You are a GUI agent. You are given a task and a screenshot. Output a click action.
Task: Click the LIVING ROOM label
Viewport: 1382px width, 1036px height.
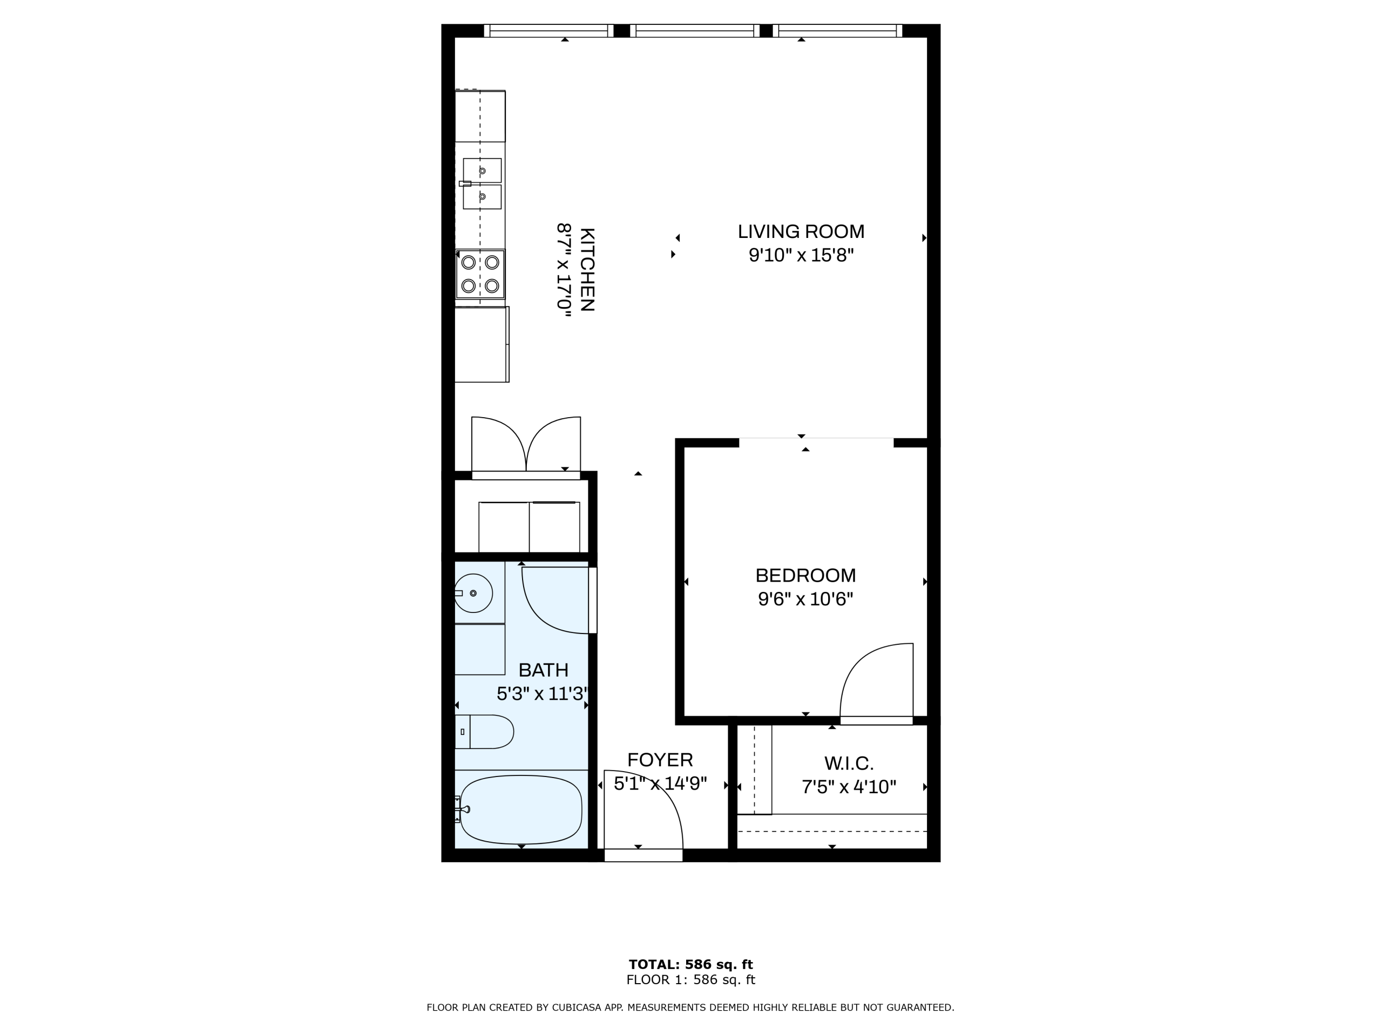coord(801,231)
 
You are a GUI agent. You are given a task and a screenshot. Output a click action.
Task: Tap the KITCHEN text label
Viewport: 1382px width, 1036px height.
coord(587,269)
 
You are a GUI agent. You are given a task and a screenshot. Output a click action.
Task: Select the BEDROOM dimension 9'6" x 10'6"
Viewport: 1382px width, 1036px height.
coord(805,599)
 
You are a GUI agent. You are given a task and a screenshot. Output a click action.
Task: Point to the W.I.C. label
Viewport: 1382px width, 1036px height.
coord(849,763)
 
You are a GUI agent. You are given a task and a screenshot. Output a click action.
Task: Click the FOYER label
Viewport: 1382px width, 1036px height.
coord(660,760)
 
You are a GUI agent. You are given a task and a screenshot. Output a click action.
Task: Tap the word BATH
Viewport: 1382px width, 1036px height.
coord(544,670)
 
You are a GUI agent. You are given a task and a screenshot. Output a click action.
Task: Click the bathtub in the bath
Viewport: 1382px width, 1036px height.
coord(521,809)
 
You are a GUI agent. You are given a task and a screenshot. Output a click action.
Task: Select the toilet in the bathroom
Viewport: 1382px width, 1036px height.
coord(484,732)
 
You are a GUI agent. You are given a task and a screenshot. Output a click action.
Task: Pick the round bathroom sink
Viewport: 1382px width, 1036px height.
coord(473,592)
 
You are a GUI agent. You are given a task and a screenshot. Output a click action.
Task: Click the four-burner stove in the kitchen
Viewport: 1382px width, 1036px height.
coord(480,274)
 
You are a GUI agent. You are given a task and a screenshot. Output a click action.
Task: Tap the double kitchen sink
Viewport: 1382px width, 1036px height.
coord(482,183)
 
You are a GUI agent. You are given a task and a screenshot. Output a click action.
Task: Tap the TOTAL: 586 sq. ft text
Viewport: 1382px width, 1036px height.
coord(690,964)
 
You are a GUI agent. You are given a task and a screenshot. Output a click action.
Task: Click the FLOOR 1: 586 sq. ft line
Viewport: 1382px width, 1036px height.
coord(690,980)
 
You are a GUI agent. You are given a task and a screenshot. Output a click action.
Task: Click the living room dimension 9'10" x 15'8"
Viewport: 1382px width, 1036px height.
coord(801,255)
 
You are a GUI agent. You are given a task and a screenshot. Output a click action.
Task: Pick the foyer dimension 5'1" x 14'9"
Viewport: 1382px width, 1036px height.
coord(660,783)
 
